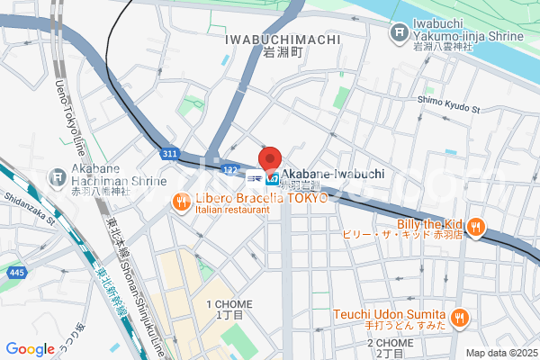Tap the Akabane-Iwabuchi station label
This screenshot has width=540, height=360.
tap(332, 174)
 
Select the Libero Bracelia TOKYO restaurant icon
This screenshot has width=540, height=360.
tap(181, 202)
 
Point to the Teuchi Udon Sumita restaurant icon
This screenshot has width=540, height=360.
tap(459, 315)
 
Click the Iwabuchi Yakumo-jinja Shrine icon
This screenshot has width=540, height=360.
tap(399, 33)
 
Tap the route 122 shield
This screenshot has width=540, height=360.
tap(229, 169)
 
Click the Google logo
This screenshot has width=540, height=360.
tap(30, 349)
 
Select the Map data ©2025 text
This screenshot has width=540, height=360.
tap(499, 353)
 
